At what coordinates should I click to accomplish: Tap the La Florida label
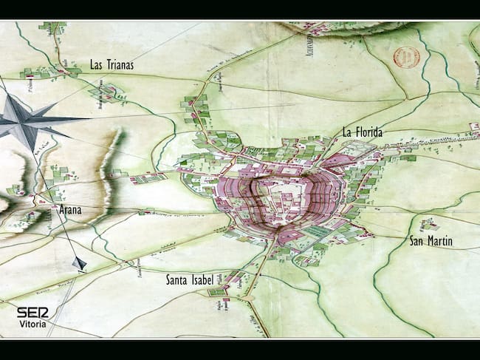pyautogui.click(x=362, y=132)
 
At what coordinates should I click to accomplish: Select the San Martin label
pyautogui.click(x=431, y=242)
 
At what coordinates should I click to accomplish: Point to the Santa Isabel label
pyautogui.click(x=190, y=280)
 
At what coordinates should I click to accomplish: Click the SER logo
pyautogui.click(x=32, y=312)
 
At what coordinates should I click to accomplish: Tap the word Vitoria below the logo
pyautogui.click(x=32, y=325)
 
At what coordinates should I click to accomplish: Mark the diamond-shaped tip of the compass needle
pyautogui.click(x=79, y=263)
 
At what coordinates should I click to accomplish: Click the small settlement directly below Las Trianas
pyautogui.click(x=109, y=93)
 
